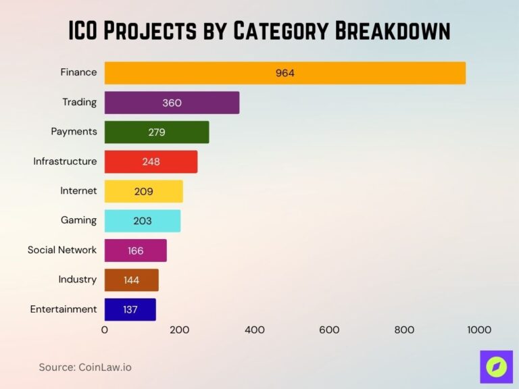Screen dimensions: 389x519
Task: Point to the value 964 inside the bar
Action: click(285, 73)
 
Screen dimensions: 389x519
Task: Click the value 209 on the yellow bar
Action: click(143, 191)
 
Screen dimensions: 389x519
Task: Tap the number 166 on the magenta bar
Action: click(135, 251)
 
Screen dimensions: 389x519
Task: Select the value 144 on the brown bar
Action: click(131, 280)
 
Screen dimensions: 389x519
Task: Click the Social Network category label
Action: click(62, 250)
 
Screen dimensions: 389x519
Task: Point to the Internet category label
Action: click(78, 191)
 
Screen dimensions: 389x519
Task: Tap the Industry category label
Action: click(77, 280)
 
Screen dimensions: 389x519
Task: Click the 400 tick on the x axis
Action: click(255, 330)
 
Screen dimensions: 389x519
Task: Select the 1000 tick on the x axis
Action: click(479, 330)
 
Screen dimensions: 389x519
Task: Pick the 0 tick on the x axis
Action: click(105, 330)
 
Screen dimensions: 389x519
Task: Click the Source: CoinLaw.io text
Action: click(85, 367)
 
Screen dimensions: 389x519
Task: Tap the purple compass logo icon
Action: click(497, 367)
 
